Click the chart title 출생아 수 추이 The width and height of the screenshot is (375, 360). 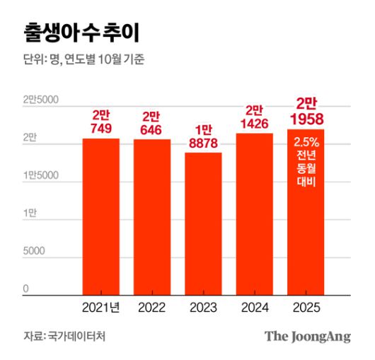tap(77, 32)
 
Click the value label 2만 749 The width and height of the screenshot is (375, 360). tap(100, 121)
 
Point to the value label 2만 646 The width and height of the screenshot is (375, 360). tap(151, 122)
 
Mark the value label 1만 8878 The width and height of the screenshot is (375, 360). tap(203, 135)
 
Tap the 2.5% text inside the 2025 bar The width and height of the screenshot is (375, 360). tap(306, 141)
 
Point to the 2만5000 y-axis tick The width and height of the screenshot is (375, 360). tap(40, 100)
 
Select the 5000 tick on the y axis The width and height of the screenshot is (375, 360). tap(35, 251)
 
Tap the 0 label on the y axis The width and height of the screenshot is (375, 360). tap(25, 289)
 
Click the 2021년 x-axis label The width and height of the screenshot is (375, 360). tap(100, 307)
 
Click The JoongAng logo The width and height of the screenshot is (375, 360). tap(307, 336)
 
